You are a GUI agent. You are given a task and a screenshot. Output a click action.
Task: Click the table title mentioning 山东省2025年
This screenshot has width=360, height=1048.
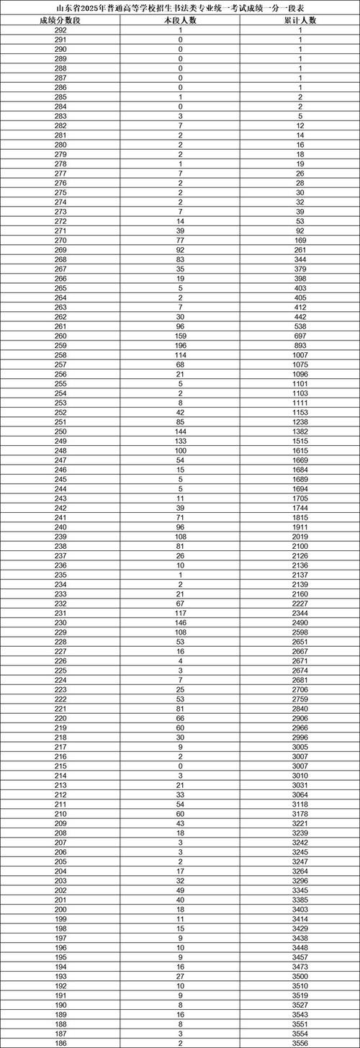tap(180, 7)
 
